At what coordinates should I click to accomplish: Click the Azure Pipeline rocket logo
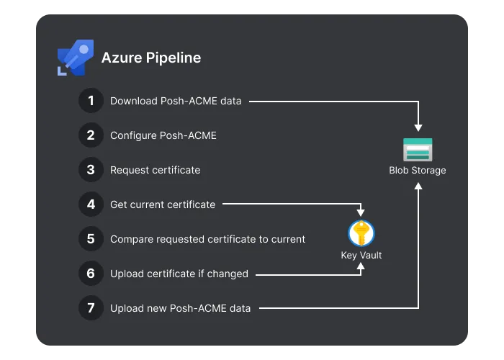76,58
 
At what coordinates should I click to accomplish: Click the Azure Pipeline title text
151,58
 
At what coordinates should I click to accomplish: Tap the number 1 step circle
91,101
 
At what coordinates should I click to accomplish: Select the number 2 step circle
91,135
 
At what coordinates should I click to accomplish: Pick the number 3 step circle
91,170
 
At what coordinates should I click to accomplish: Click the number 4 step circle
91,204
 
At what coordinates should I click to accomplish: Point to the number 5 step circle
91,239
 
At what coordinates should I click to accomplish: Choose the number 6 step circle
91,273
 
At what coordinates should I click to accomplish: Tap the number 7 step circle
91,308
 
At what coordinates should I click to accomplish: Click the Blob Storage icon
418,150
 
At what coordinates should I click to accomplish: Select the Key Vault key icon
361,233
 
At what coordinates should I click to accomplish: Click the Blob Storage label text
418,171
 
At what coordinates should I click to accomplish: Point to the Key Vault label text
361,255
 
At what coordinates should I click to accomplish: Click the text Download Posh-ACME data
176,101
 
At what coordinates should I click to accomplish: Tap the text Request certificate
156,170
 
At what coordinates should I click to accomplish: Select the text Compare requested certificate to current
207,239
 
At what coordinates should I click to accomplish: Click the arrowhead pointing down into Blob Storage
418,128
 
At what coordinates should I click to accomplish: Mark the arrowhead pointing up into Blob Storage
418,186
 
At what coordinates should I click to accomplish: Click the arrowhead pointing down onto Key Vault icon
361,213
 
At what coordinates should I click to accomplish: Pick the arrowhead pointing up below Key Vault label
361,266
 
